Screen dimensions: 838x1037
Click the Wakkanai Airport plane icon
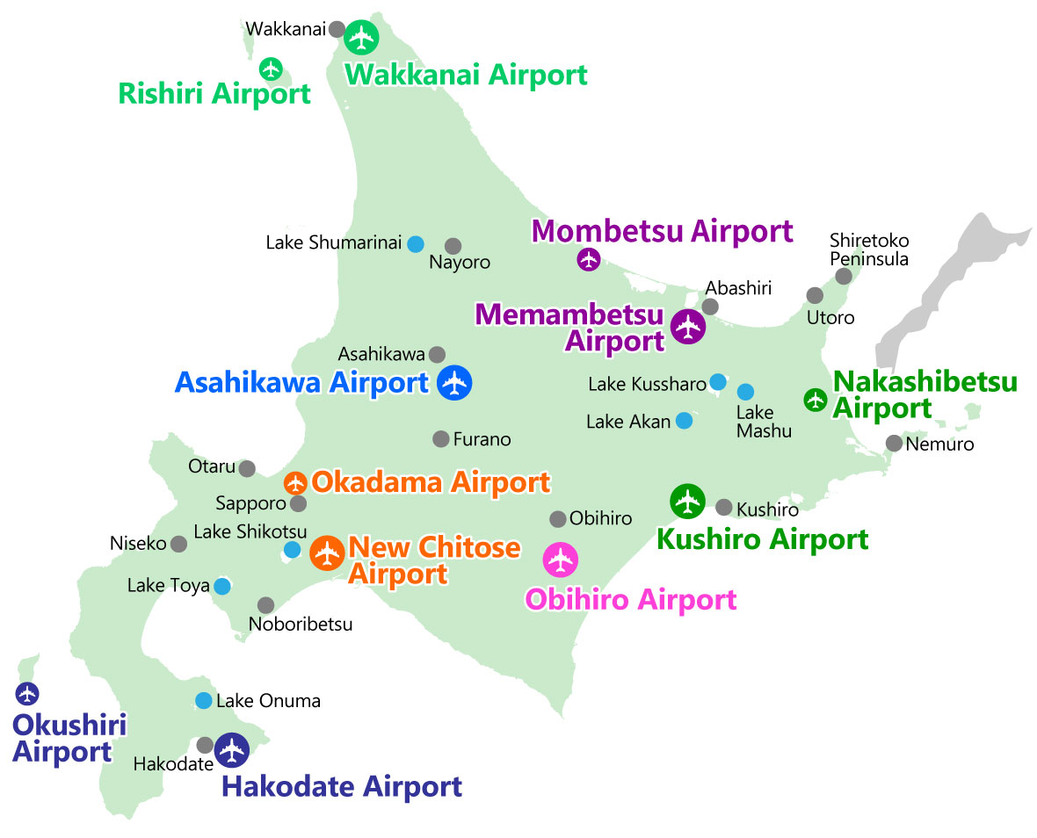click(x=361, y=37)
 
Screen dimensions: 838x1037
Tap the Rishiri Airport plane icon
click(x=271, y=68)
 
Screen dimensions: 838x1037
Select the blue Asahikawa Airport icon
click(x=454, y=382)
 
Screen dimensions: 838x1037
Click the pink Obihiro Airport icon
click(x=560, y=560)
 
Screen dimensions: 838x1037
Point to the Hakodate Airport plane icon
click(x=232, y=750)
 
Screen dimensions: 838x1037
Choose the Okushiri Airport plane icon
click(x=27, y=693)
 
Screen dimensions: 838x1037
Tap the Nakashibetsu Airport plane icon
click(x=816, y=400)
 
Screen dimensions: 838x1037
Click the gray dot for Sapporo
click(x=299, y=503)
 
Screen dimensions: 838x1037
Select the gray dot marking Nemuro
click(x=894, y=443)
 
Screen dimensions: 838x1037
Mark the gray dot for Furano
click(x=441, y=438)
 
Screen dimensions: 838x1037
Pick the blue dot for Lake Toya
click(x=222, y=585)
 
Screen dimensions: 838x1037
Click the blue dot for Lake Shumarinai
click(x=415, y=243)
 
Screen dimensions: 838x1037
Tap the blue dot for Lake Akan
click(x=684, y=421)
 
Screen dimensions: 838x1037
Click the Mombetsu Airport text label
click(x=663, y=231)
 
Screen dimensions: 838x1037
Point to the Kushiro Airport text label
click(x=763, y=538)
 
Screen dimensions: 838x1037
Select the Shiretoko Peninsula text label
click(x=869, y=249)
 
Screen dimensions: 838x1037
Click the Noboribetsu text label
click(x=301, y=625)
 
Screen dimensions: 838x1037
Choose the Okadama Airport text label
click(x=431, y=482)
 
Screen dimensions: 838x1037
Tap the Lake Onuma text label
click(x=268, y=701)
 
